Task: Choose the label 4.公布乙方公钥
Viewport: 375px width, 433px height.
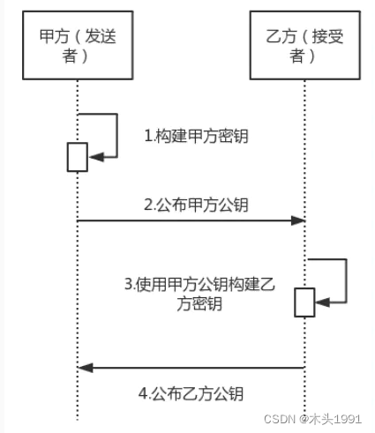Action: coord(191,393)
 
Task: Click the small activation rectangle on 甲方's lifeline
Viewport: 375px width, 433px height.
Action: coord(77,156)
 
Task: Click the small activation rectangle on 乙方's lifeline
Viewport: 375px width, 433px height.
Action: coord(304,302)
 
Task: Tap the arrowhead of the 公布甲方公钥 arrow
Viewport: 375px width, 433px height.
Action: coord(298,220)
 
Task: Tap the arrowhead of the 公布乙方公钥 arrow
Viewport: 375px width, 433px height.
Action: coord(84,367)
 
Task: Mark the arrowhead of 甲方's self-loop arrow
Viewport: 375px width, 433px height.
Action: coord(94,156)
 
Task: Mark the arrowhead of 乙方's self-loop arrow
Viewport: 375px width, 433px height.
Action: coord(321,302)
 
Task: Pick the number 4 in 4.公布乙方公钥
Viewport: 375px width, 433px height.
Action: coord(142,393)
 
